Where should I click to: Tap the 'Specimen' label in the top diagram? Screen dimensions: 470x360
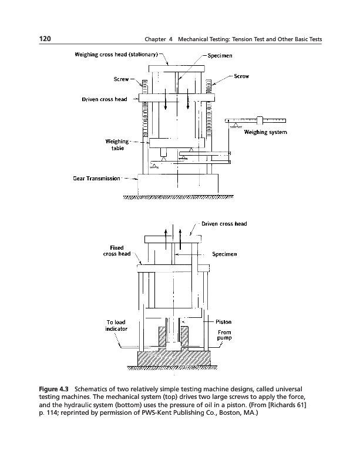pos(220,56)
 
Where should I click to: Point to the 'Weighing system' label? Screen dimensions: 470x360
pos(265,132)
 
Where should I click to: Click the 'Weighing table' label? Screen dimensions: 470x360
pos(116,145)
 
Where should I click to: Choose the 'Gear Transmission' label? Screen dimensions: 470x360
pos(96,178)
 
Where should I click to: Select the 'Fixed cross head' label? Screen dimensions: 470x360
pos(117,250)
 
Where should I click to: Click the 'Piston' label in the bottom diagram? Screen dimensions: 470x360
pos(224,322)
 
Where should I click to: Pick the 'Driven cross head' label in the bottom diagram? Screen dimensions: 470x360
pos(224,224)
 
